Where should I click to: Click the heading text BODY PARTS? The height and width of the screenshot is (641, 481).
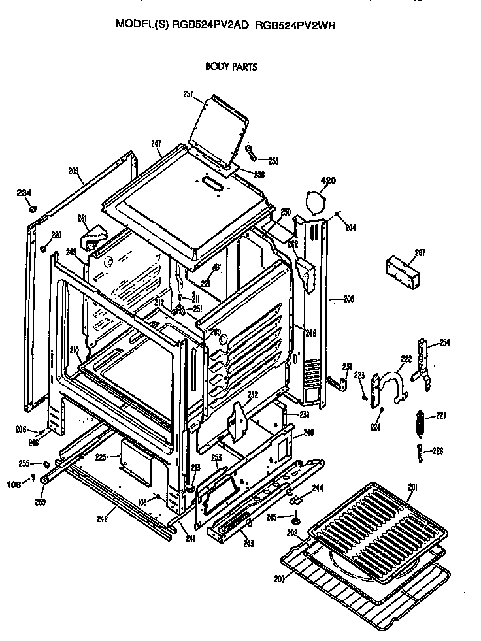pos(231,66)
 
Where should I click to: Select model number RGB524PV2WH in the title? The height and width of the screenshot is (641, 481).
pos(297,25)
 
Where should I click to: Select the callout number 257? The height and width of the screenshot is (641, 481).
pos(188,95)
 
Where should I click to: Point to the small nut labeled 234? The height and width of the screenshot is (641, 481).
pos(33,210)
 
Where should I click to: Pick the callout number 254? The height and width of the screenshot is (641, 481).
pos(444,342)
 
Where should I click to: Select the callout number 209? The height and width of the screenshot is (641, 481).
pos(73,171)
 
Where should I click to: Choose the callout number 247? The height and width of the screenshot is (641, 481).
pos(156,143)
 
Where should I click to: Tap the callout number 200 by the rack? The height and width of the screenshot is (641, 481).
pos(280,579)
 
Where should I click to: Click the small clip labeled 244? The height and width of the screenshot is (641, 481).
pos(295,500)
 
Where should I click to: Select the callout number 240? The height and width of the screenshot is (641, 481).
pos(308,432)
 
